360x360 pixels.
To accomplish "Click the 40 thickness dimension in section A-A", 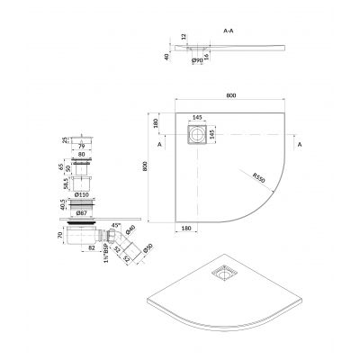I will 166,55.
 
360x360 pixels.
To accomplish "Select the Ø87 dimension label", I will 83,214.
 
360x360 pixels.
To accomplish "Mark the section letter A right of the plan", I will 298,143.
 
